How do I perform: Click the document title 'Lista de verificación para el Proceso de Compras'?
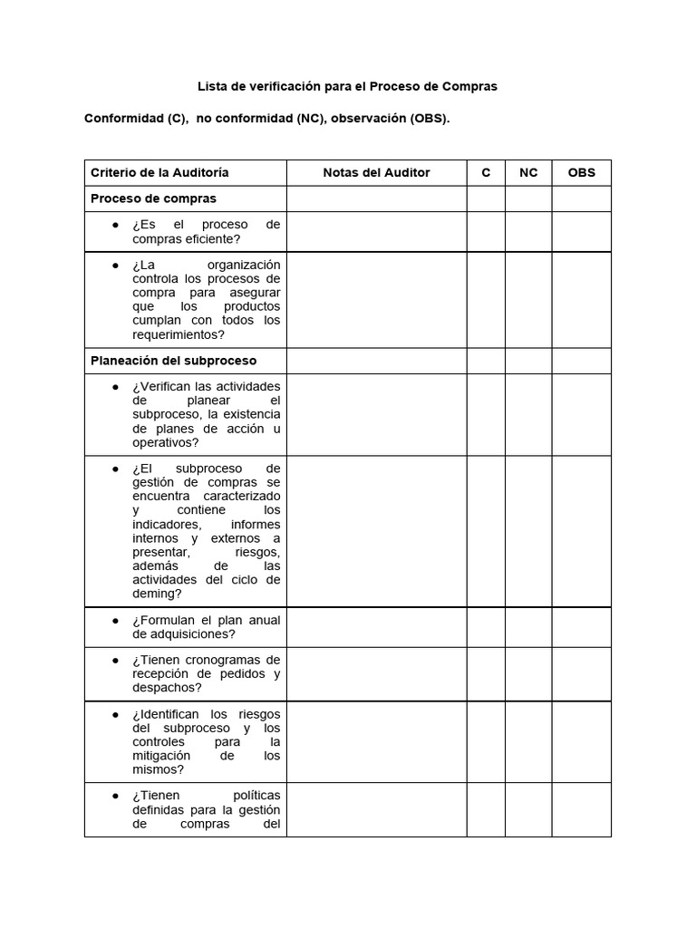pos(348,86)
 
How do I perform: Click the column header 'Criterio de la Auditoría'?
pos(159,172)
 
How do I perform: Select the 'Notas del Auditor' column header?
pos(376,172)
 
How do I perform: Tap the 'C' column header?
pos(486,172)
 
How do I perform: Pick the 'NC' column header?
pos(528,172)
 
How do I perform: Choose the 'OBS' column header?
pos(581,172)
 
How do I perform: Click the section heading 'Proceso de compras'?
pos(153,198)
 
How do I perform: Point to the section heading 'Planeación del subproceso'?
pos(173,361)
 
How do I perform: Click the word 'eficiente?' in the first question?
pos(212,239)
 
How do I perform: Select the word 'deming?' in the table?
pos(157,594)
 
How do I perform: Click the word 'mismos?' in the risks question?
pos(158,769)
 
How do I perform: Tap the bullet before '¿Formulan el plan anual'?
pos(116,621)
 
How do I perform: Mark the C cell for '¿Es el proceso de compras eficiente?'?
pos(486,232)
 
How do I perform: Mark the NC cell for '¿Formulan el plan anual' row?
pos(528,627)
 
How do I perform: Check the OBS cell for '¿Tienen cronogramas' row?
pos(581,673)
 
